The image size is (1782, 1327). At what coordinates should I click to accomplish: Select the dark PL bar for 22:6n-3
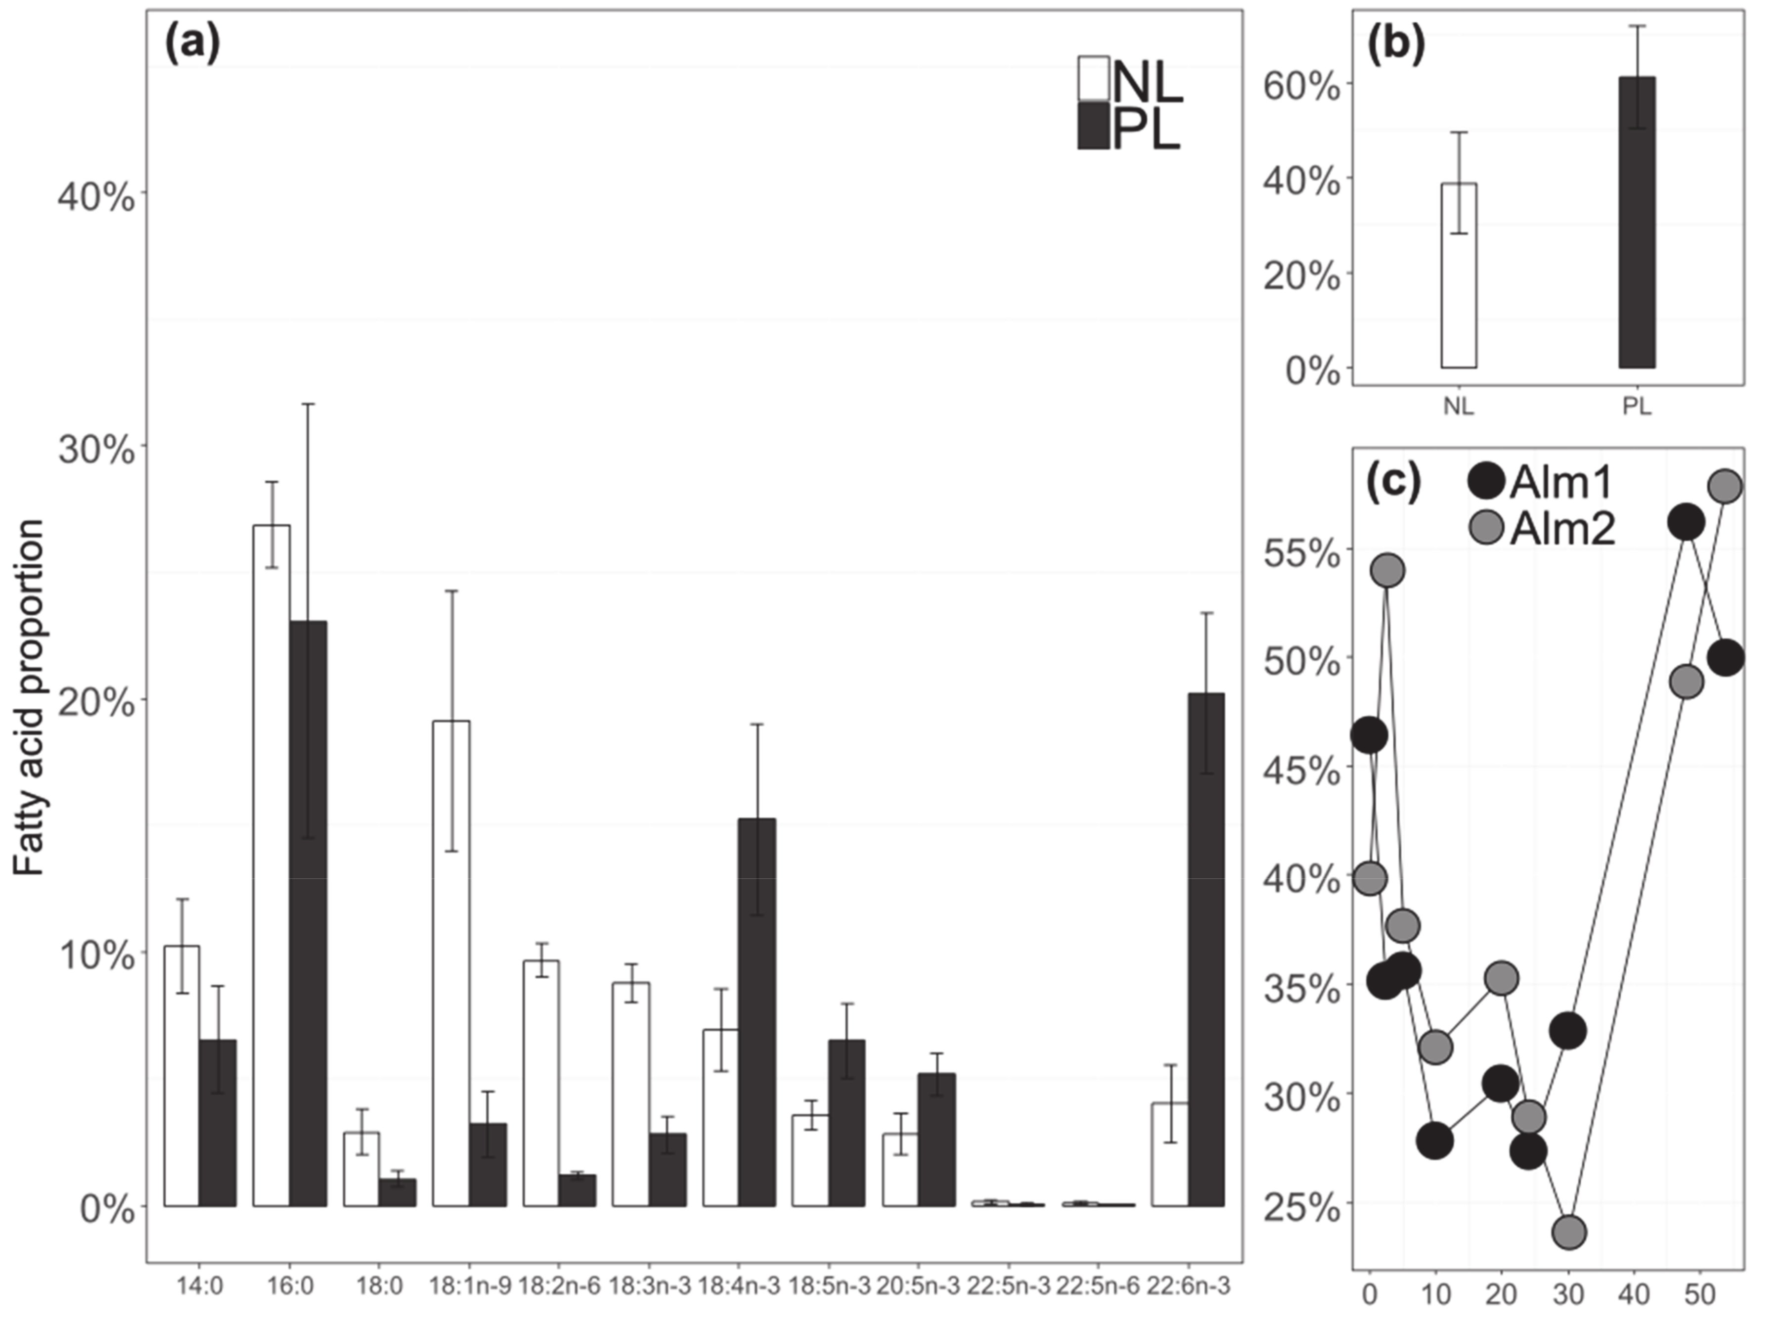pyautogui.click(x=1205, y=948)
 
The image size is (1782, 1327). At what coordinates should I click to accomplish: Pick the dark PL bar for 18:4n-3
pyautogui.click(x=757, y=1011)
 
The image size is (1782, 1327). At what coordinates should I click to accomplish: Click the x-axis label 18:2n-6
pyautogui.click(x=559, y=1286)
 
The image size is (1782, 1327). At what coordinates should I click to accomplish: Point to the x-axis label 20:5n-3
pyautogui.click(x=918, y=1286)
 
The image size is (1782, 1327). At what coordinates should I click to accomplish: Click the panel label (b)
pyautogui.click(x=1395, y=45)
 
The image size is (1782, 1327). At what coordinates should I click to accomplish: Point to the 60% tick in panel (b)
pyautogui.click(x=1301, y=86)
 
